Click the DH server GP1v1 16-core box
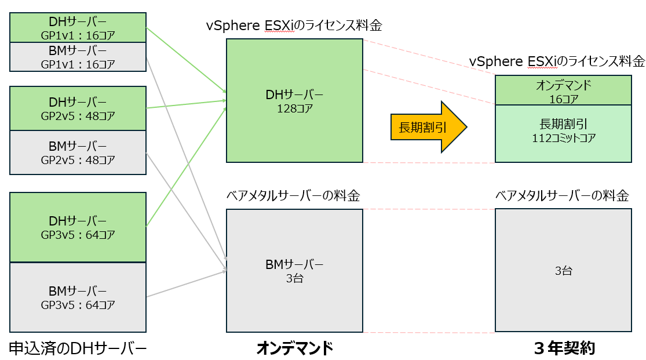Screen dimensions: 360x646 click(x=78, y=28)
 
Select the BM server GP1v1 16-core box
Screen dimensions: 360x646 click(x=78, y=57)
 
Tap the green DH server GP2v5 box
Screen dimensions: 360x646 click(x=78, y=108)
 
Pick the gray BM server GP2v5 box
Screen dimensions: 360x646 click(x=78, y=152)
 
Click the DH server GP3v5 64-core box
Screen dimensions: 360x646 click(x=78, y=227)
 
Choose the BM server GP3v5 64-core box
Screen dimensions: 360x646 click(x=78, y=297)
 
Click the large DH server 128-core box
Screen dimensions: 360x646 click(x=294, y=100)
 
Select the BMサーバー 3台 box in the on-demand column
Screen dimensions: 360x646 click(x=294, y=271)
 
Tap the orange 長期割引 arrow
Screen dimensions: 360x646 click(x=428, y=127)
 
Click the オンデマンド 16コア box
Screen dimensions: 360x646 click(x=563, y=91)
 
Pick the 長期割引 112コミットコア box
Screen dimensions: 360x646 click(x=563, y=133)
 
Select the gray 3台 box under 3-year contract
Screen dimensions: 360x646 click(x=563, y=270)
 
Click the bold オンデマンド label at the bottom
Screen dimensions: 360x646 click(x=294, y=348)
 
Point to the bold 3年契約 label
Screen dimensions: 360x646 click(x=564, y=348)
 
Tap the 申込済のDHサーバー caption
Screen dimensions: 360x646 click(x=78, y=348)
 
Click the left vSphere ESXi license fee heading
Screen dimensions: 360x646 click(x=294, y=26)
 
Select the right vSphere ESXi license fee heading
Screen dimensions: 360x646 click(x=557, y=61)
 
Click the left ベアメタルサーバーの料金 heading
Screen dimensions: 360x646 click(x=293, y=196)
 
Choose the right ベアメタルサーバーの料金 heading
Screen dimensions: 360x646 click(x=562, y=196)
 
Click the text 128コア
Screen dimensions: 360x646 click(x=294, y=107)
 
